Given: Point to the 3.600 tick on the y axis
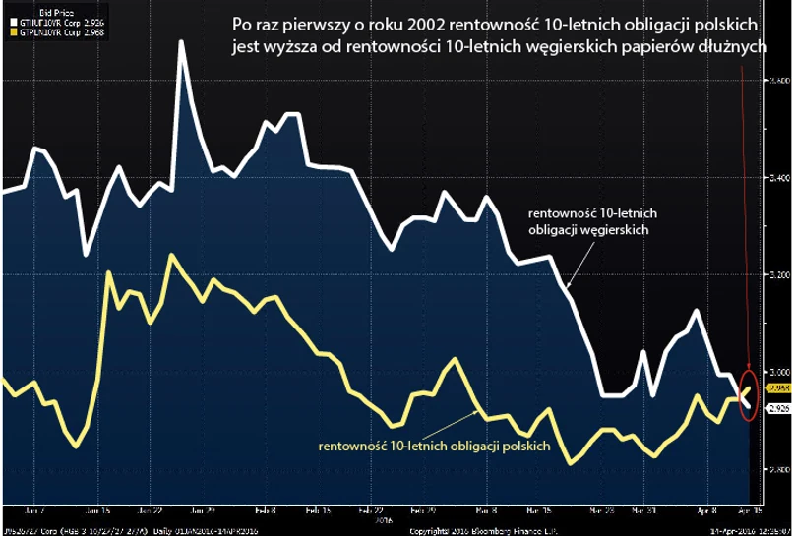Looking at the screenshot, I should tap(776, 81).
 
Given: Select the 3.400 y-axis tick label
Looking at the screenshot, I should tap(776, 178).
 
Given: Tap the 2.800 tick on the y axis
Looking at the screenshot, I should tap(776, 469).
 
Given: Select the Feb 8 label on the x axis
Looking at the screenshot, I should tap(265, 511).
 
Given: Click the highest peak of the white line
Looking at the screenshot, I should tap(182, 43).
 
